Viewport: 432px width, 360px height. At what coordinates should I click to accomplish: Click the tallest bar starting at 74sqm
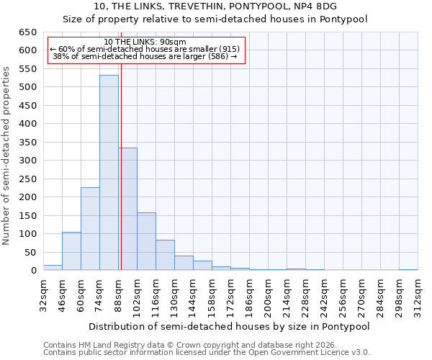(109, 173)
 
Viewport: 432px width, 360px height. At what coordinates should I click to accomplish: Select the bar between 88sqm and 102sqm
(127, 209)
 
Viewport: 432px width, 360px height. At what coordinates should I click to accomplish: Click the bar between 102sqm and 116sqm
(146, 241)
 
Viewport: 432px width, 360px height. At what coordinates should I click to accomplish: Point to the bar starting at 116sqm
(165, 255)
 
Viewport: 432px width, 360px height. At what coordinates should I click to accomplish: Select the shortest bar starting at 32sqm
(53, 268)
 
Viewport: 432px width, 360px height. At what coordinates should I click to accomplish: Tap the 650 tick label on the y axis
(27, 32)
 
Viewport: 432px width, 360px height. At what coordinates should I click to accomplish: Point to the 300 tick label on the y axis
(27, 161)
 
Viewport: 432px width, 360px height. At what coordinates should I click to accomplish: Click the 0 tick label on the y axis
(33, 271)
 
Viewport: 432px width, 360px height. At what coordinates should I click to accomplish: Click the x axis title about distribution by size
(230, 327)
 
